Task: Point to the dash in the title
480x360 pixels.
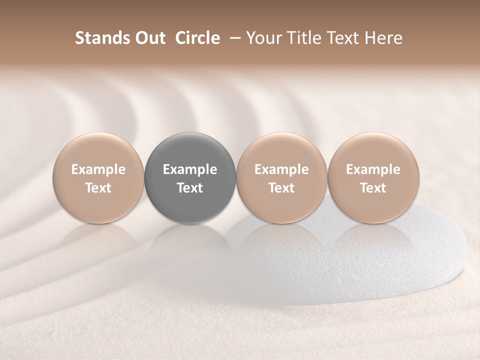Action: point(232,38)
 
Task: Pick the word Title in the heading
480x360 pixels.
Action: point(302,38)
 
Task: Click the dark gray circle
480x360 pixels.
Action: point(190,150)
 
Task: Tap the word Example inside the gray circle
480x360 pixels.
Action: point(190,169)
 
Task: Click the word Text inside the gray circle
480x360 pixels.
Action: point(190,188)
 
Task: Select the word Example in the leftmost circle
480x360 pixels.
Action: point(98,169)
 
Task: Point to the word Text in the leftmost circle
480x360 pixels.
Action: point(98,188)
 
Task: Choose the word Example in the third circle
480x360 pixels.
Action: point(281,169)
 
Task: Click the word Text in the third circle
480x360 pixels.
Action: point(281,188)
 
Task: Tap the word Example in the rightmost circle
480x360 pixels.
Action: point(373,169)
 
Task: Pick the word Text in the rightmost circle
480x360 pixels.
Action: point(373,188)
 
